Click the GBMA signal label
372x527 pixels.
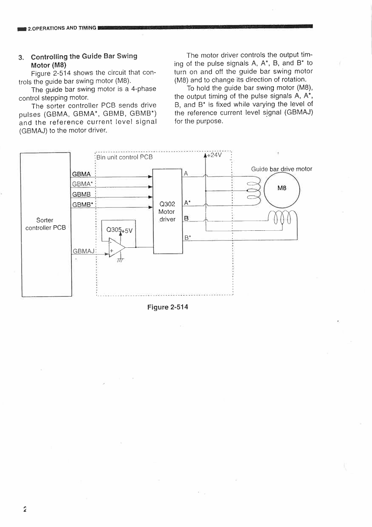pyautogui.click(x=81, y=174)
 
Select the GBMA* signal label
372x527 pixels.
pyautogui.click(x=82, y=184)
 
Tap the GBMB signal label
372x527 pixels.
pyautogui.click(x=81, y=194)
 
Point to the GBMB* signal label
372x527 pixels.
pyautogui.click(x=82, y=205)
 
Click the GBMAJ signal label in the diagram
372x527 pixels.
pyautogui.click(x=84, y=251)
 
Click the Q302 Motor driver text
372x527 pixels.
pyautogui.click(x=167, y=212)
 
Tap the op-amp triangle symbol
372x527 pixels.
pyautogui.click(x=117, y=247)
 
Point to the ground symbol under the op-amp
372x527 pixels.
pyautogui.click(x=120, y=260)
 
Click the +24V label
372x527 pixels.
pyautogui.click(x=214, y=155)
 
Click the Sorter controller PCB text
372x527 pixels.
pyautogui.click(x=45, y=224)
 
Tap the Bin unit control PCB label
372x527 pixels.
pyautogui.click(x=124, y=157)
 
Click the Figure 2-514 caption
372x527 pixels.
pyautogui.click(x=168, y=307)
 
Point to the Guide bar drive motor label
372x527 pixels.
pyautogui.click(x=282, y=169)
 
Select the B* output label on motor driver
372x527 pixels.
pyautogui.click(x=187, y=238)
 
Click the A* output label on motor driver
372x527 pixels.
pyautogui.click(x=187, y=203)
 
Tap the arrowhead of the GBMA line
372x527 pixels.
pyautogui.click(x=150, y=177)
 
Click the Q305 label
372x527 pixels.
pyautogui.click(x=113, y=229)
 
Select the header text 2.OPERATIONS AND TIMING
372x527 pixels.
pyautogui.click(x=62, y=28)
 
